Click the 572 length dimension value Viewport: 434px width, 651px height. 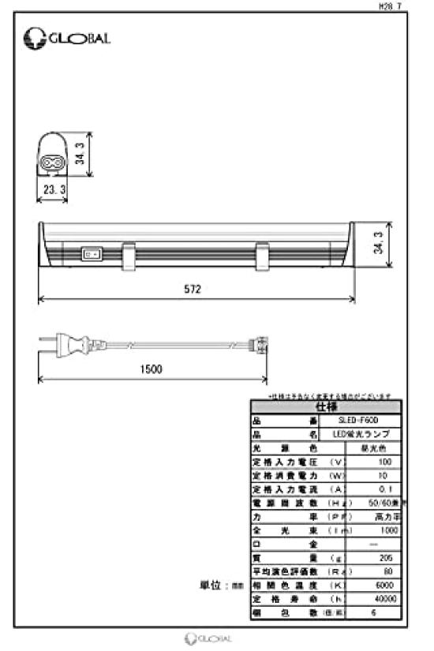coord(194,290)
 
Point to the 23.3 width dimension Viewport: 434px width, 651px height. coord(54,190)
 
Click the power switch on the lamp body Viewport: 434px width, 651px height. coord(92,254)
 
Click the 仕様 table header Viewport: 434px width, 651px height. coord(325,407)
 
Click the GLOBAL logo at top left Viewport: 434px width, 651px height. coord(67,36)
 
